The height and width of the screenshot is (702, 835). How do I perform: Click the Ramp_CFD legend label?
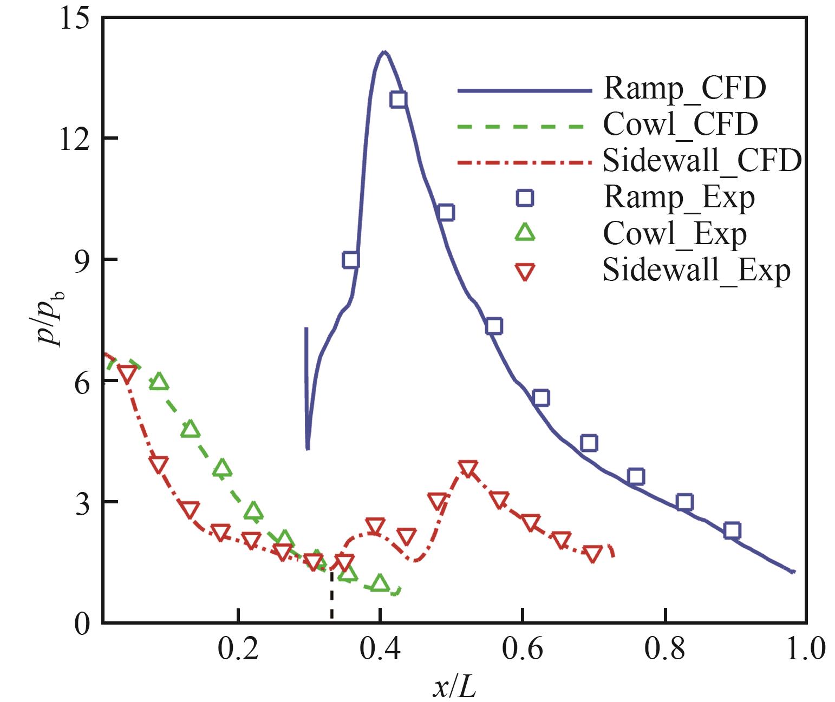(x=684, y=88)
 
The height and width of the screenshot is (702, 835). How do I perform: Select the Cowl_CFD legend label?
(x=680, y=124)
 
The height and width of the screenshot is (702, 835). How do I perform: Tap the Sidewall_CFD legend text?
(x=702, y=160)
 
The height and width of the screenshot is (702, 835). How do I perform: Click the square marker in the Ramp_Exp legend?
(x=525, y=198)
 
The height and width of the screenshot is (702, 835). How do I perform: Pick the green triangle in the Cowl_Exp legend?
(x=525, y=233)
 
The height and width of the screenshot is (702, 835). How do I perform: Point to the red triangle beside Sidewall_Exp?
(x=525, y=272)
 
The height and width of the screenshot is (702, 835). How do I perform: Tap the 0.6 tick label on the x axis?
(x=522, y=649)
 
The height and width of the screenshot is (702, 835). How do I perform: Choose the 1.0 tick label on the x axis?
(x=805, y=649)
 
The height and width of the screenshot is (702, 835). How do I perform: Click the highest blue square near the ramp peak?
(x=399, y=100)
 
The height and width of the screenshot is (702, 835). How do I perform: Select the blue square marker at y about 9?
(x=351, y=260)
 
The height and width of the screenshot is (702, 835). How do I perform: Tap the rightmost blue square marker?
(x=732, y=530)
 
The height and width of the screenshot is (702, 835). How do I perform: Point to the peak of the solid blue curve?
(x=384, y=53)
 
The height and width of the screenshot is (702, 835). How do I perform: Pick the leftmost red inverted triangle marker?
(x=127, y=373)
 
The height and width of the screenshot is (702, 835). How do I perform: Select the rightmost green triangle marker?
(x=380, y=583)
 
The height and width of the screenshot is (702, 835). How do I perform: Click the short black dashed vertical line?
(x=331, y=595)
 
